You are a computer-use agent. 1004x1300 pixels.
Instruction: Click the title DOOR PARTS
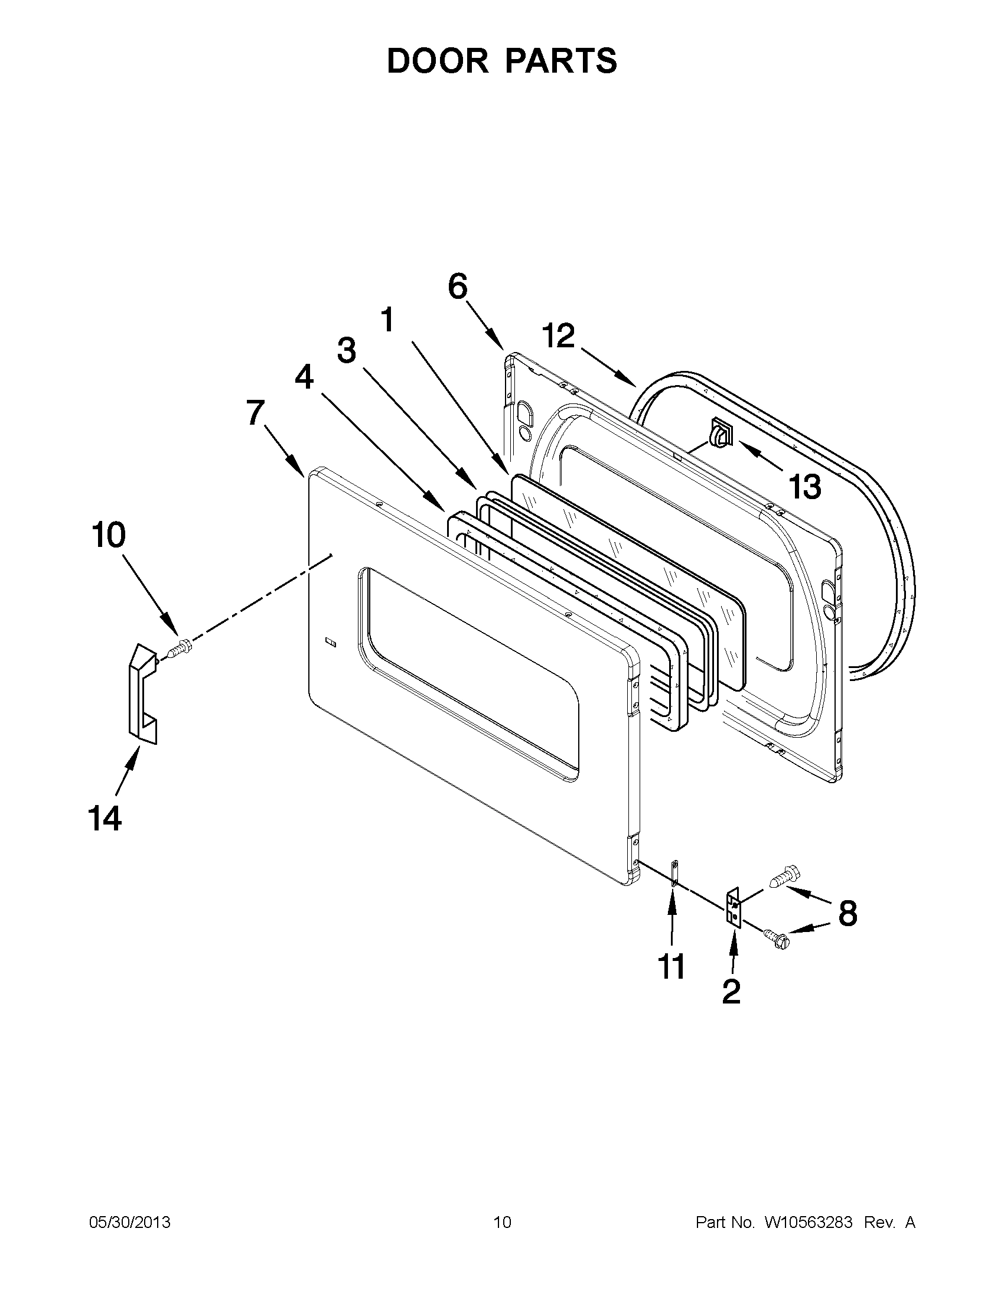tap(501, 61)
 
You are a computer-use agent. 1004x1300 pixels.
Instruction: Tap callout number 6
tap(458, 287)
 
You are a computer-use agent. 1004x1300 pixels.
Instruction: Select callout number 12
tap(558, 336)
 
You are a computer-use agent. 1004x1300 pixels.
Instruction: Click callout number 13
tap(804, 486)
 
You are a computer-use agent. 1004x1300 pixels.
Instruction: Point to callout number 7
tap(255, 413)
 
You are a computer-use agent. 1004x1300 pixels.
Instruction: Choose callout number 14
tap(105, 818)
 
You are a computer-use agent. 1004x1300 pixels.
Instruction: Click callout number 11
tap(671, 967)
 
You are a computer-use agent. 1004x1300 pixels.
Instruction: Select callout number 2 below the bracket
tap(731, 991)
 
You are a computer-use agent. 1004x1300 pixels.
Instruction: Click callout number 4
tap(304, 377)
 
